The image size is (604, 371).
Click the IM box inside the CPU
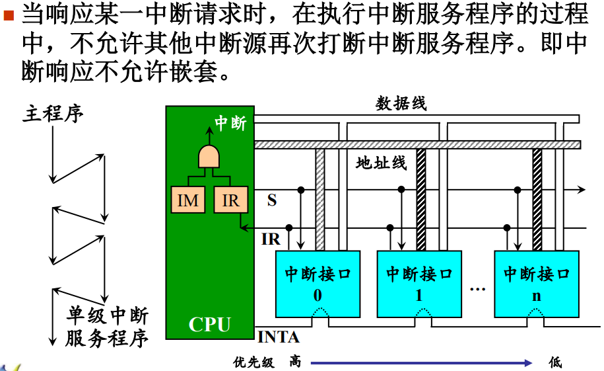[188, 200]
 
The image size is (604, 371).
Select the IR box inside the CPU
[230, 200]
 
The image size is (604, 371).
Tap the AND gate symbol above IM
[209, 157]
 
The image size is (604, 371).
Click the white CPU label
[209, 325]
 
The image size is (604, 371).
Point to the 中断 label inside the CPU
[230, 124]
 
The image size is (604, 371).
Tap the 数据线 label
[401, 103]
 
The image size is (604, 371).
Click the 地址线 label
[382, 163]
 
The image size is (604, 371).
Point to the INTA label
[278, 337]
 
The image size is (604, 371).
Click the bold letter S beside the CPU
[272, 200]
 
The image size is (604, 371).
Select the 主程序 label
[54, 113]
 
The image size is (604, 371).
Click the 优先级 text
[253, 362]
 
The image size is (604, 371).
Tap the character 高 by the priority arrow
[295, 362]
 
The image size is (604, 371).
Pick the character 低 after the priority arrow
[556, 362]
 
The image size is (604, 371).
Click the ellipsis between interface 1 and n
[477, 289]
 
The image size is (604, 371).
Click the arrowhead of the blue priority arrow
[527, 362]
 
